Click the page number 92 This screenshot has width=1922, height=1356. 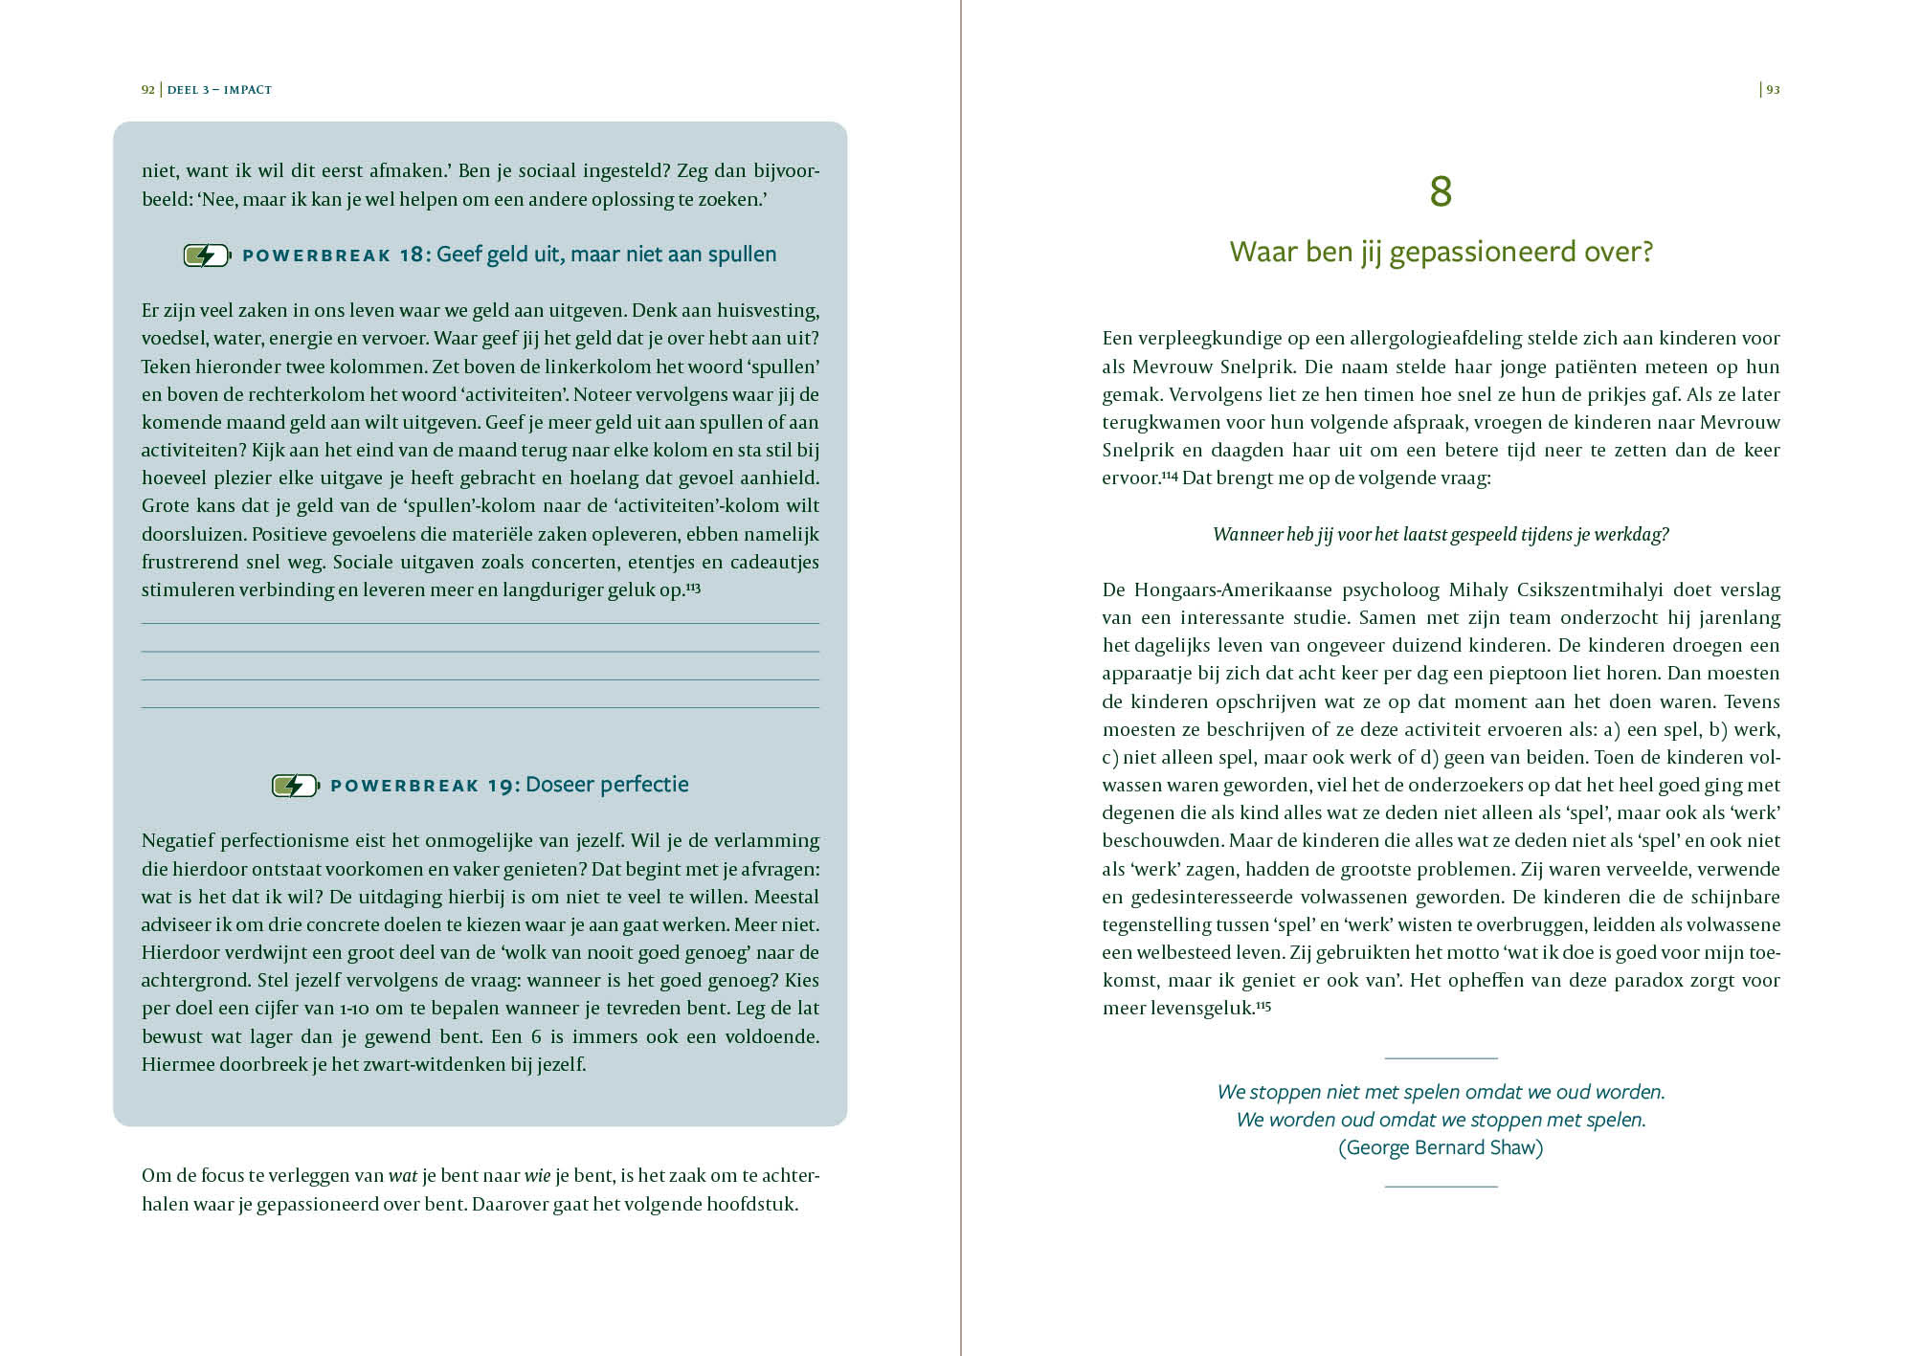pyautogui.click(x=147, y=90)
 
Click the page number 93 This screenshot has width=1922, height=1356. pyautogui.click(x=1773, y=90)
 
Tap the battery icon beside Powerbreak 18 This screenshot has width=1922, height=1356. pyautogui.click(x=207, y=256)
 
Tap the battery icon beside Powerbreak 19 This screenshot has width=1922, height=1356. pyautogui.click(x=295, y=786)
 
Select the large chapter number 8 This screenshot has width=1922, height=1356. pyautogui.click(x=1441, y=191)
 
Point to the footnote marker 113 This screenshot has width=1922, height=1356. pyautogui.click(x=694, y=587)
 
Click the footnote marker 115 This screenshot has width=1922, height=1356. pyautogui.click(x=1263, y=1006)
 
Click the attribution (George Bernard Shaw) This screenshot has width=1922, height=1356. pyautogui.click(x=1441, y=1147)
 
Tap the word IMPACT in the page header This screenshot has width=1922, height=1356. pyautogui.click(x=248, y=90)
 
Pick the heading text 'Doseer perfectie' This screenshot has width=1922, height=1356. pyautogui.click(x=607, y=785)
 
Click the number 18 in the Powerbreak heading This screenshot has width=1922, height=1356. pyautogui.click(x=411, y=255)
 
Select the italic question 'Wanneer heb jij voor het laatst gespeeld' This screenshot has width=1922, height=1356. pyautogui.click(x=1441, y=534)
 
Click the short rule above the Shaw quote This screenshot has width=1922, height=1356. pyautogui.click(x=1441, y=1058)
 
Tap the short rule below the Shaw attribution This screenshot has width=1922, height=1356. pyautogui.click(x=1441, y=1187)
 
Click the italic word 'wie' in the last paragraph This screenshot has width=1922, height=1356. pyautogui.click(x=537, y=1176)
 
